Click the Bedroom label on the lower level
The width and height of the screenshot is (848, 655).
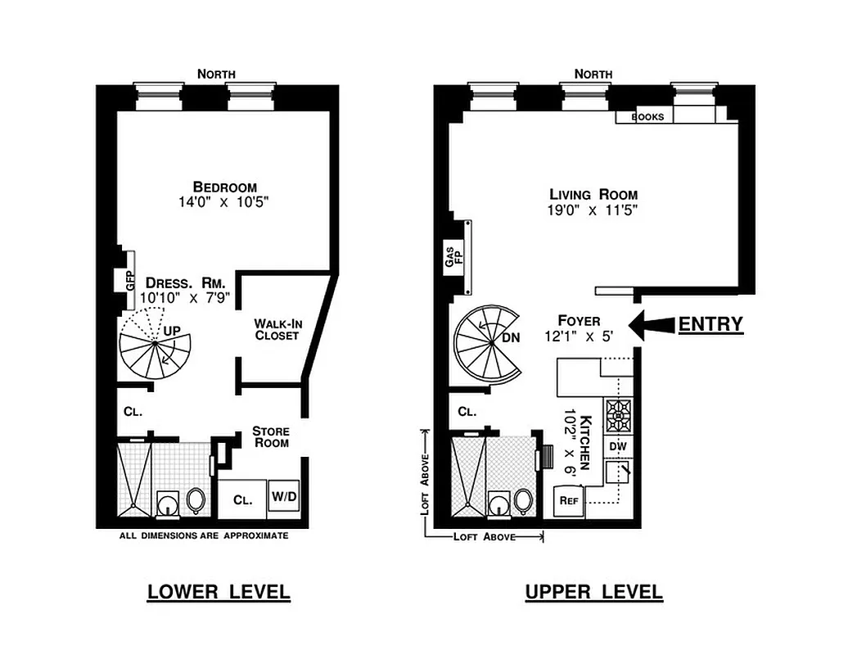tap(224, 187)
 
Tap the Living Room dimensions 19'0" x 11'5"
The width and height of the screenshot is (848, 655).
tap(593, 210)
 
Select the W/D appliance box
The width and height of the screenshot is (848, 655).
tap(284, 497)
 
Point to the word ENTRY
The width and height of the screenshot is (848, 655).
tap(710, 325)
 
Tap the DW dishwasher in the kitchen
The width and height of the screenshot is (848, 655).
tap(617, 447)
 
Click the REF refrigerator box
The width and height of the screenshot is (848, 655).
tap(567, 500)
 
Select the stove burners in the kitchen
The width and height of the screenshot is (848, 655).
tap(617, 416)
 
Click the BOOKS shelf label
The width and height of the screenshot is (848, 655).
tap(647, 117)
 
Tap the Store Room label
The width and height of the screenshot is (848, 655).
tap(270, 436)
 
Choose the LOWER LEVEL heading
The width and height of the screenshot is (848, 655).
tap(219, 592)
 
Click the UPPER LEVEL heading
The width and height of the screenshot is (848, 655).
tap(593, 592)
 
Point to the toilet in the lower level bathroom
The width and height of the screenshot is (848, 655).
tap(196, 499)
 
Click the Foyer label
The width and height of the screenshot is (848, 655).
tap(579, 321)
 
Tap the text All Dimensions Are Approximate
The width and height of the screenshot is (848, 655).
tap(204, 536)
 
